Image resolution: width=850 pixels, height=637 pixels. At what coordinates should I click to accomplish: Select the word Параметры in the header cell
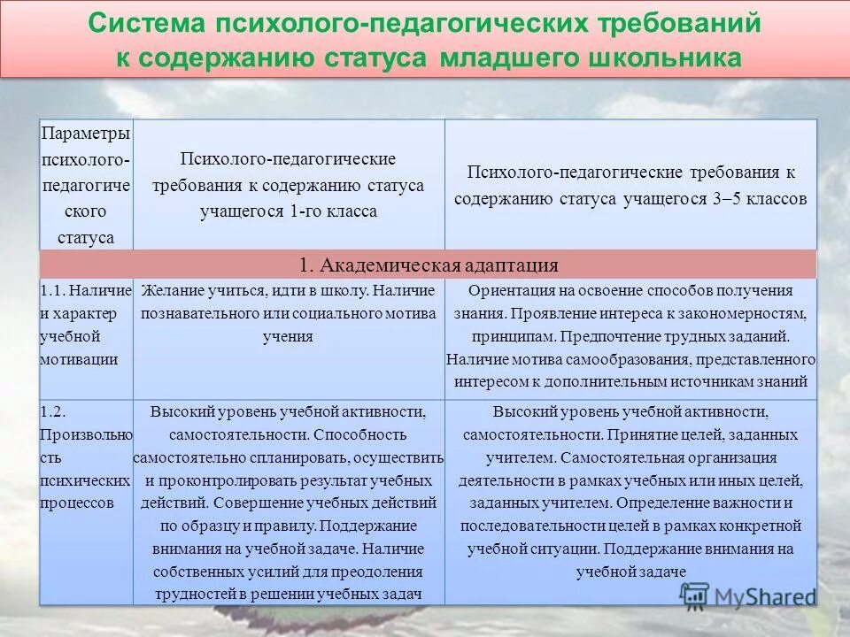point(86,133)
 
